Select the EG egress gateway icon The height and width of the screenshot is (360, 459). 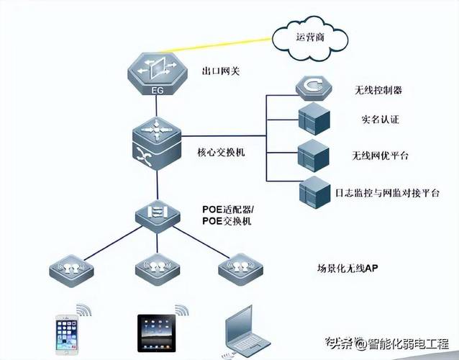click(157, 74)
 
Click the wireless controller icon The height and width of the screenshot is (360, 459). click(313, 89)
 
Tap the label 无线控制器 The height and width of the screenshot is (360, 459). click(378, 91)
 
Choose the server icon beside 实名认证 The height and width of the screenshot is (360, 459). click(314, 118)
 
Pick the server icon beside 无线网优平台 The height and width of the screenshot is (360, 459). click(314, 154)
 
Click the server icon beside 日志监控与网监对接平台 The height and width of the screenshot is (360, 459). click(314, 191)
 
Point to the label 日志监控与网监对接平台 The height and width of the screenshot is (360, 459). click(386, 194)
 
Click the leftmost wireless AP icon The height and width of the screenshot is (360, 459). click(71, 271)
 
